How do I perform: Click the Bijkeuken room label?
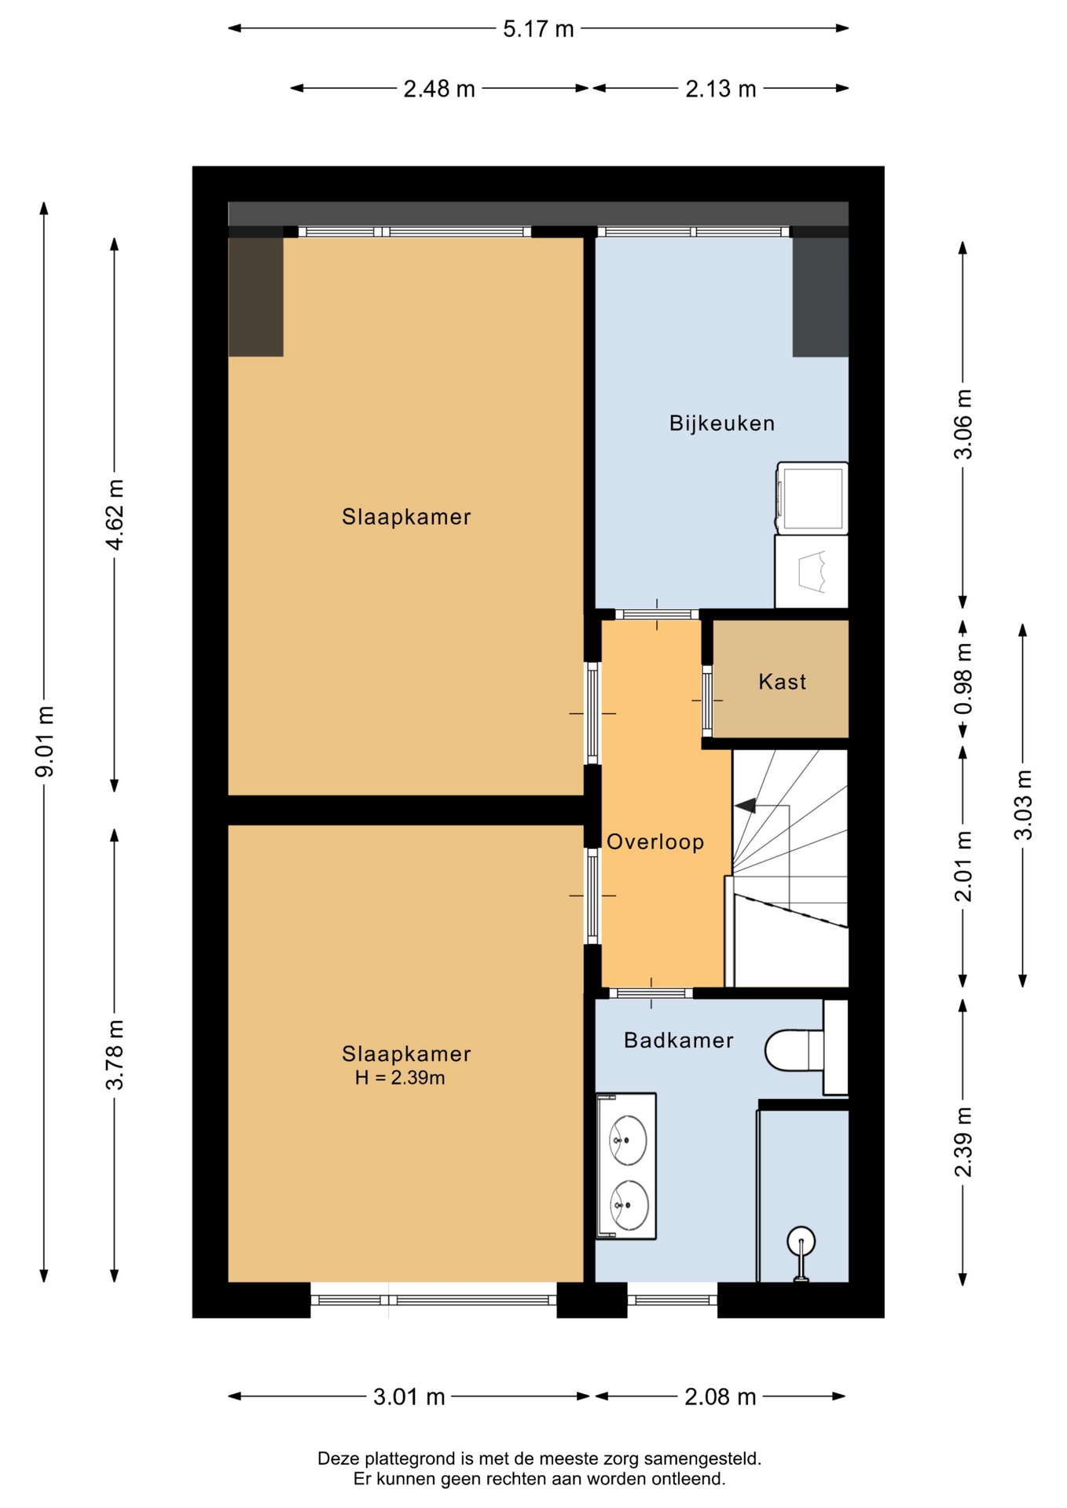point(721,423)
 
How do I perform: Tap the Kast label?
point(782,682)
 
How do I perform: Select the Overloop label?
point(655,842)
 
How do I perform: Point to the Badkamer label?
point(678,1041)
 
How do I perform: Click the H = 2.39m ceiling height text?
point(400,1078)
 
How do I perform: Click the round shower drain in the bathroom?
point(801,1241)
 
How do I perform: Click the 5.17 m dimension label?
point(538,29)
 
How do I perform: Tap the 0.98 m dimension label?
point(963,679)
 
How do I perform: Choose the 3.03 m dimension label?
point(1023,805)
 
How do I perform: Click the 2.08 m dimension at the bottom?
point(720,1397)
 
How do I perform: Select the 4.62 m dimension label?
point(115,514)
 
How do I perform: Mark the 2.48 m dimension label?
point(439,89)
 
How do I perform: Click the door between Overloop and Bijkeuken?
point(657,614)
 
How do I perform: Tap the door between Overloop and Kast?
point(707,700)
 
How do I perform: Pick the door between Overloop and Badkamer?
point(651,994)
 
